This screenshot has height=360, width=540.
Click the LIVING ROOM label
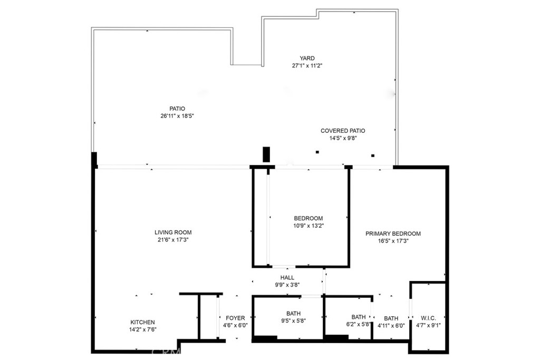click(x=173, y=232)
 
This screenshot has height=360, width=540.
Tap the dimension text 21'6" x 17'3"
click(x=173, y=240)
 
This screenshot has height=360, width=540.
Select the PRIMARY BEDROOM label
click(x=393, y=233)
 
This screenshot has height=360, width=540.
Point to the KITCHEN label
click(x=142, y=322)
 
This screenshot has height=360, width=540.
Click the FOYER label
click(x=235, y=318)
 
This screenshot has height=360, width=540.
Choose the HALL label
click(x=287, y=277)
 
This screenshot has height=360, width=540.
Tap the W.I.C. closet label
click(x=428, y=318)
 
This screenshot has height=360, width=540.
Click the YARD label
click(x=307, y=58)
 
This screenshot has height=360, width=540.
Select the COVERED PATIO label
click(x=343, y=131)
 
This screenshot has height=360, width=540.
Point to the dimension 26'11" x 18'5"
click(x=177, y=116)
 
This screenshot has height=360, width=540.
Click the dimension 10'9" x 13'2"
click(x=308, y=226)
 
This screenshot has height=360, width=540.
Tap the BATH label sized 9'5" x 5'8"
click(x=293, y=314)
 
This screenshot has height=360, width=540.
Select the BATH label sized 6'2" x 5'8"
click(x=359, y=317)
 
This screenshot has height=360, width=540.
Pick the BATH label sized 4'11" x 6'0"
click(x=391, y=318)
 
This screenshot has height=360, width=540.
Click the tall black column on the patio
click(x=266, y=154)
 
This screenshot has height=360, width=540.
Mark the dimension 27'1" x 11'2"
click(x=307, y=65)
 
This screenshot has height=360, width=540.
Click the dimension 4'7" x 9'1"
click(x=428, y=325)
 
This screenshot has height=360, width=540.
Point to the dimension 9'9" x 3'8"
click(x=287, y=285)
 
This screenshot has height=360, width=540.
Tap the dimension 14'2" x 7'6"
click(x=142, y=329)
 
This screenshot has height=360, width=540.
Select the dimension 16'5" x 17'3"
click(x=393, y=241)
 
